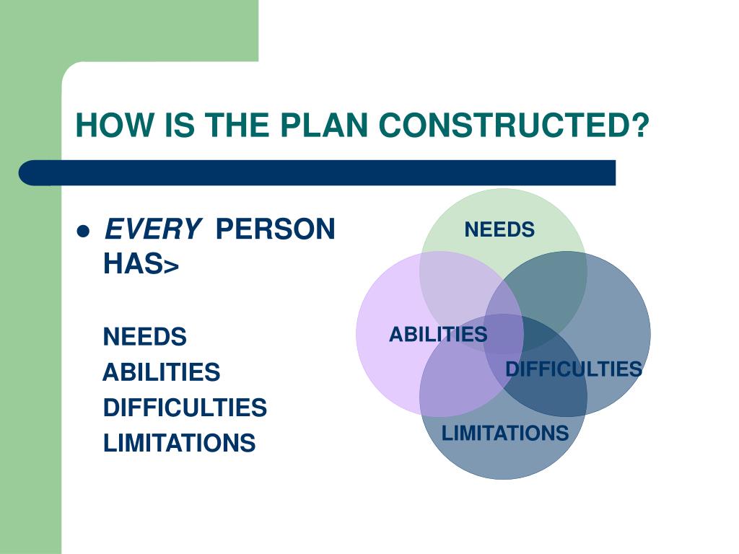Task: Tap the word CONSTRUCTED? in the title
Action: point(514,126)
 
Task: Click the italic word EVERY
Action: point(152,230)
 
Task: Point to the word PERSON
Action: point(276,230)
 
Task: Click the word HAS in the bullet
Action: point(132,265)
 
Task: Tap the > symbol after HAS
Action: point(171,267)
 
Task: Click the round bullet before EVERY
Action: point(82,232)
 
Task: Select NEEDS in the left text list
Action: point(144,337)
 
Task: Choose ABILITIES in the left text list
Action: point(161,372)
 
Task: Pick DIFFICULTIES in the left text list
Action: point(185,408)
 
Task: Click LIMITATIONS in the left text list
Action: point(179,443)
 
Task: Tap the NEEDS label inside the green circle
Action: point(499,230)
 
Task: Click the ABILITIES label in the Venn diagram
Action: point(438,335)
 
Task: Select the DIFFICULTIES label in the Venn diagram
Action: point(573,369)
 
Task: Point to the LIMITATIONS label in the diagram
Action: point(504,434)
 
